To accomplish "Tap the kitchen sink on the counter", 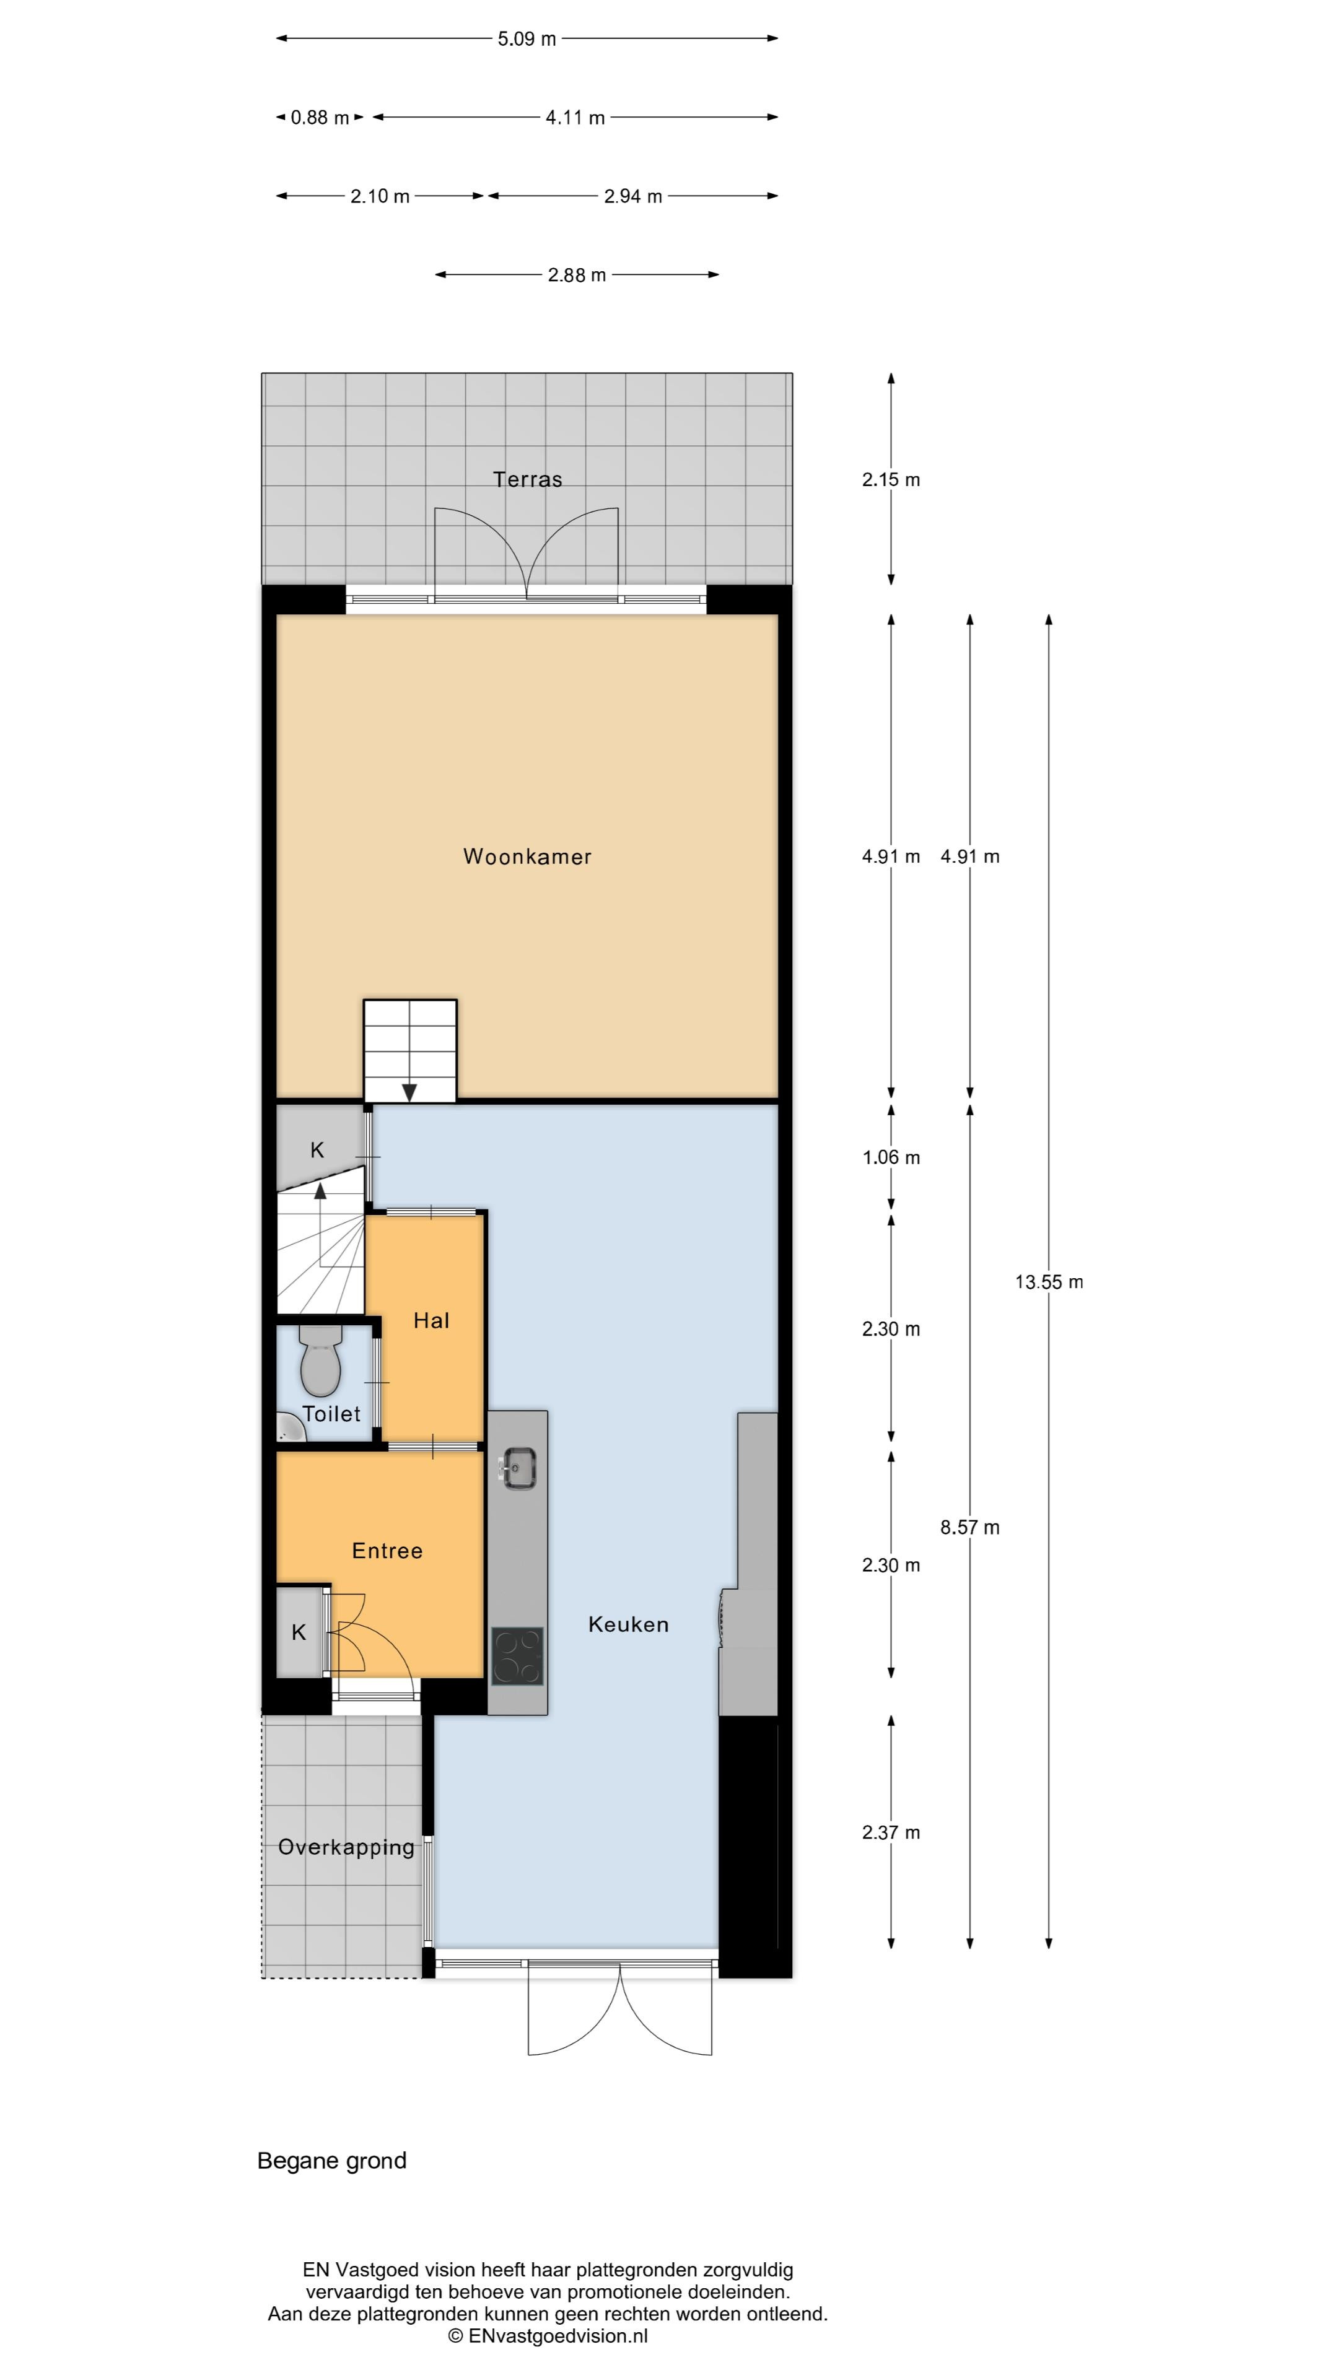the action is pos(518,1468).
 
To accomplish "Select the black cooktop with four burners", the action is pos(517,1656).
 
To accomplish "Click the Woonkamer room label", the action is pos(527,856).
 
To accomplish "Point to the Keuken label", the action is pos(629,1625).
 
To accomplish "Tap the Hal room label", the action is pos(431,1321).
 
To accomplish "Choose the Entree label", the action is pos(388,1551).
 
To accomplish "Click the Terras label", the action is pos(527,479).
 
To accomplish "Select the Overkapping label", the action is pos(346,1847).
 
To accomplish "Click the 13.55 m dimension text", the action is pos(1049,1281).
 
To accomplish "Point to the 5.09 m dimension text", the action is pos(527,39).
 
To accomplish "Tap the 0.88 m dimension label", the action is pos(320,117).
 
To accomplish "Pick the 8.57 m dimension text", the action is pos(969,1527).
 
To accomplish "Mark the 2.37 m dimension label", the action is pos(891,1832).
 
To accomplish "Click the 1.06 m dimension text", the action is pos(891,1157).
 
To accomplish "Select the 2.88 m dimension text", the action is pos(577,275).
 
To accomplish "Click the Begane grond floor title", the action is pos(331,2161).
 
